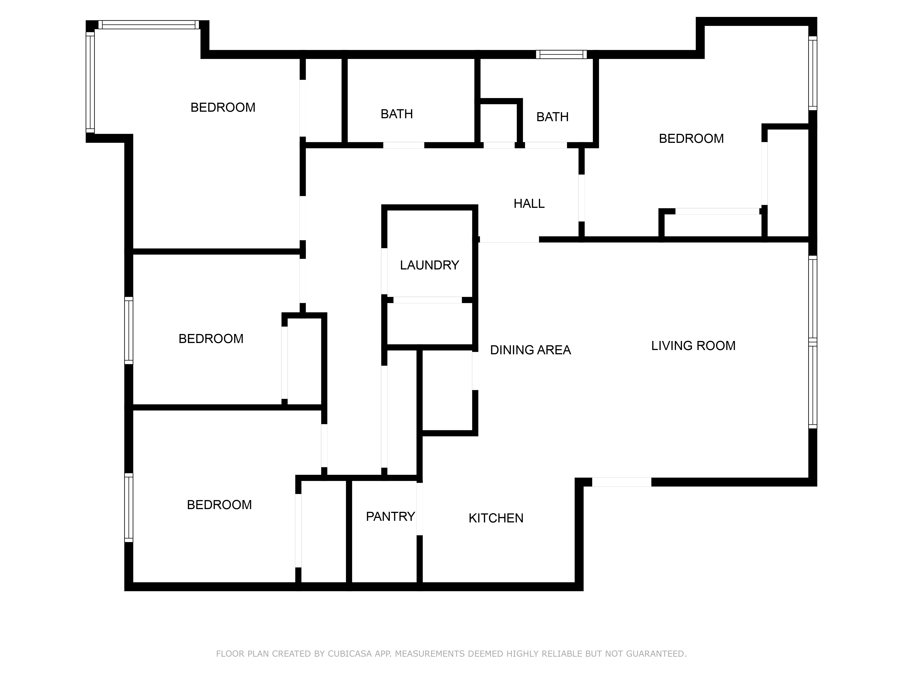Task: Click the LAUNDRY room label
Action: [429, 265]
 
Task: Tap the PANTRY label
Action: [390, 517]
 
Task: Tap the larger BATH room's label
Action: [396, 114]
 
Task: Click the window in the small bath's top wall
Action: [561, 55]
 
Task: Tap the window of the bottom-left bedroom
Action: [129, 507]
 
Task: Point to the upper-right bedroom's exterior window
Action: [812, 73]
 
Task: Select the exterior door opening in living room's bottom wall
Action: [621, 482]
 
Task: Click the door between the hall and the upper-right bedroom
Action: [581, 198]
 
